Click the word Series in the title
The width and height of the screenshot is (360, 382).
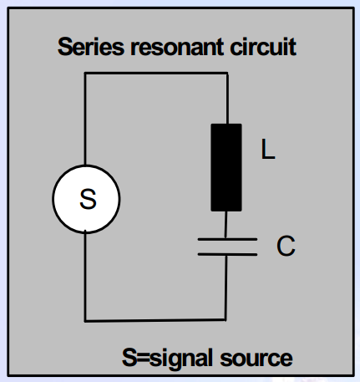pos(91,47)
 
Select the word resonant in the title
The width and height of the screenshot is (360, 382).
pos(177,48)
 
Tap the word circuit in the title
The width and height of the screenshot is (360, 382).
pos(263,47)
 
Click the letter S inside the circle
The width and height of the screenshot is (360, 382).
pos(88,199)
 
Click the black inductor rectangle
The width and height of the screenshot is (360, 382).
pos(226,167)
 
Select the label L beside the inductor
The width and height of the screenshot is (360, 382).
pos(268,150)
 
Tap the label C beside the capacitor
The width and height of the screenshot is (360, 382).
pos(286,246)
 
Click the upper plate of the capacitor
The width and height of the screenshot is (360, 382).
pos(227,239)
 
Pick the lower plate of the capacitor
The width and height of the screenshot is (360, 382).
pos(227,254)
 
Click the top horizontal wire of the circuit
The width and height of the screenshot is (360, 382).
pos(156,74)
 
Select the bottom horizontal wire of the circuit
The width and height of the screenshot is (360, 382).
pos(155,321)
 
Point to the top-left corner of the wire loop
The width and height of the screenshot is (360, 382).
pos(85,74)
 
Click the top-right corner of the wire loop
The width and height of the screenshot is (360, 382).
pos(227,74)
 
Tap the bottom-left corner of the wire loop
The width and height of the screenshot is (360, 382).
pos(85,321)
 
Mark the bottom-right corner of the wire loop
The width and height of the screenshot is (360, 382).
pos(226,320)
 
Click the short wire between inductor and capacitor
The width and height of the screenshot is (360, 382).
pos(226,225)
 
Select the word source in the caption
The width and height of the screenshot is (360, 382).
pos(256,359)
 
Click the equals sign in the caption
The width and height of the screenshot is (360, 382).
pos(144,358)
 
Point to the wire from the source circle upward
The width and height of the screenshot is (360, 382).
pos(85,119)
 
